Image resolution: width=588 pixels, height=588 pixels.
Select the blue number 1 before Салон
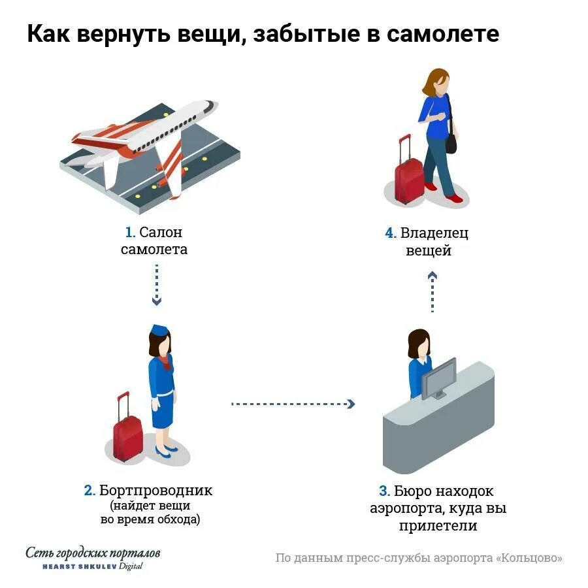(x=129, y=233)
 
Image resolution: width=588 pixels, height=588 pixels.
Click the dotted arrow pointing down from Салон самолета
(x=156, y=284)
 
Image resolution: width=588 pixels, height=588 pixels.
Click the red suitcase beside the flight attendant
(x=127, y=434)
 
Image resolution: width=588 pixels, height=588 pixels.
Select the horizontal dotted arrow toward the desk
(x=293, y=404)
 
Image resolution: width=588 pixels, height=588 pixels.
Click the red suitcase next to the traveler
(x=409, y=176)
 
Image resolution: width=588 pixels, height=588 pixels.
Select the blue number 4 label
(x=390, y=233)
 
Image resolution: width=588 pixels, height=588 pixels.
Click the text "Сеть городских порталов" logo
(x=93, y=553)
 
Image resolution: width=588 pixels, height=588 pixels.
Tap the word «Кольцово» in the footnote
(x=529, y=558)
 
